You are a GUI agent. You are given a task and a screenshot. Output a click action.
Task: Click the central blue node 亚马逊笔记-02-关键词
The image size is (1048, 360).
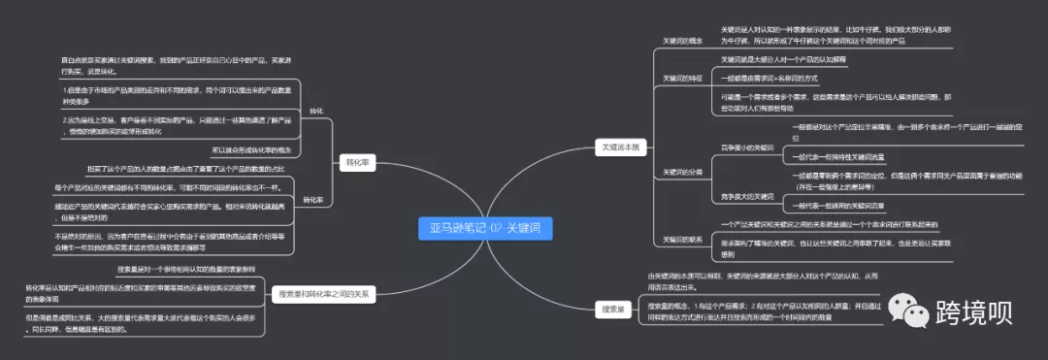click(484, 229)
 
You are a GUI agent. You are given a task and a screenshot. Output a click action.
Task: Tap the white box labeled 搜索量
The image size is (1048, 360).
click(611, 309)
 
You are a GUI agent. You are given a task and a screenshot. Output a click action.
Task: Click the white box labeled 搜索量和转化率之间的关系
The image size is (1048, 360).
click(323, 293)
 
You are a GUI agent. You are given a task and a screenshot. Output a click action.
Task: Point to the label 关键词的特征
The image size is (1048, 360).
click(682, 78)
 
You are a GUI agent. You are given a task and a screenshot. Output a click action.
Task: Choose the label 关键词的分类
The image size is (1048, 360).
click(682, 171)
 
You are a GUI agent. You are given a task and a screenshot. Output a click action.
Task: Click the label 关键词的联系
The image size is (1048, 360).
click(682, 239)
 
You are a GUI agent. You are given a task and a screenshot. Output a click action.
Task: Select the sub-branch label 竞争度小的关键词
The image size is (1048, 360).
click(747, 147)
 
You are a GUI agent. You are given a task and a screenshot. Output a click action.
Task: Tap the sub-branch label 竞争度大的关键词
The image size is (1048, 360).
click(747, 197)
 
